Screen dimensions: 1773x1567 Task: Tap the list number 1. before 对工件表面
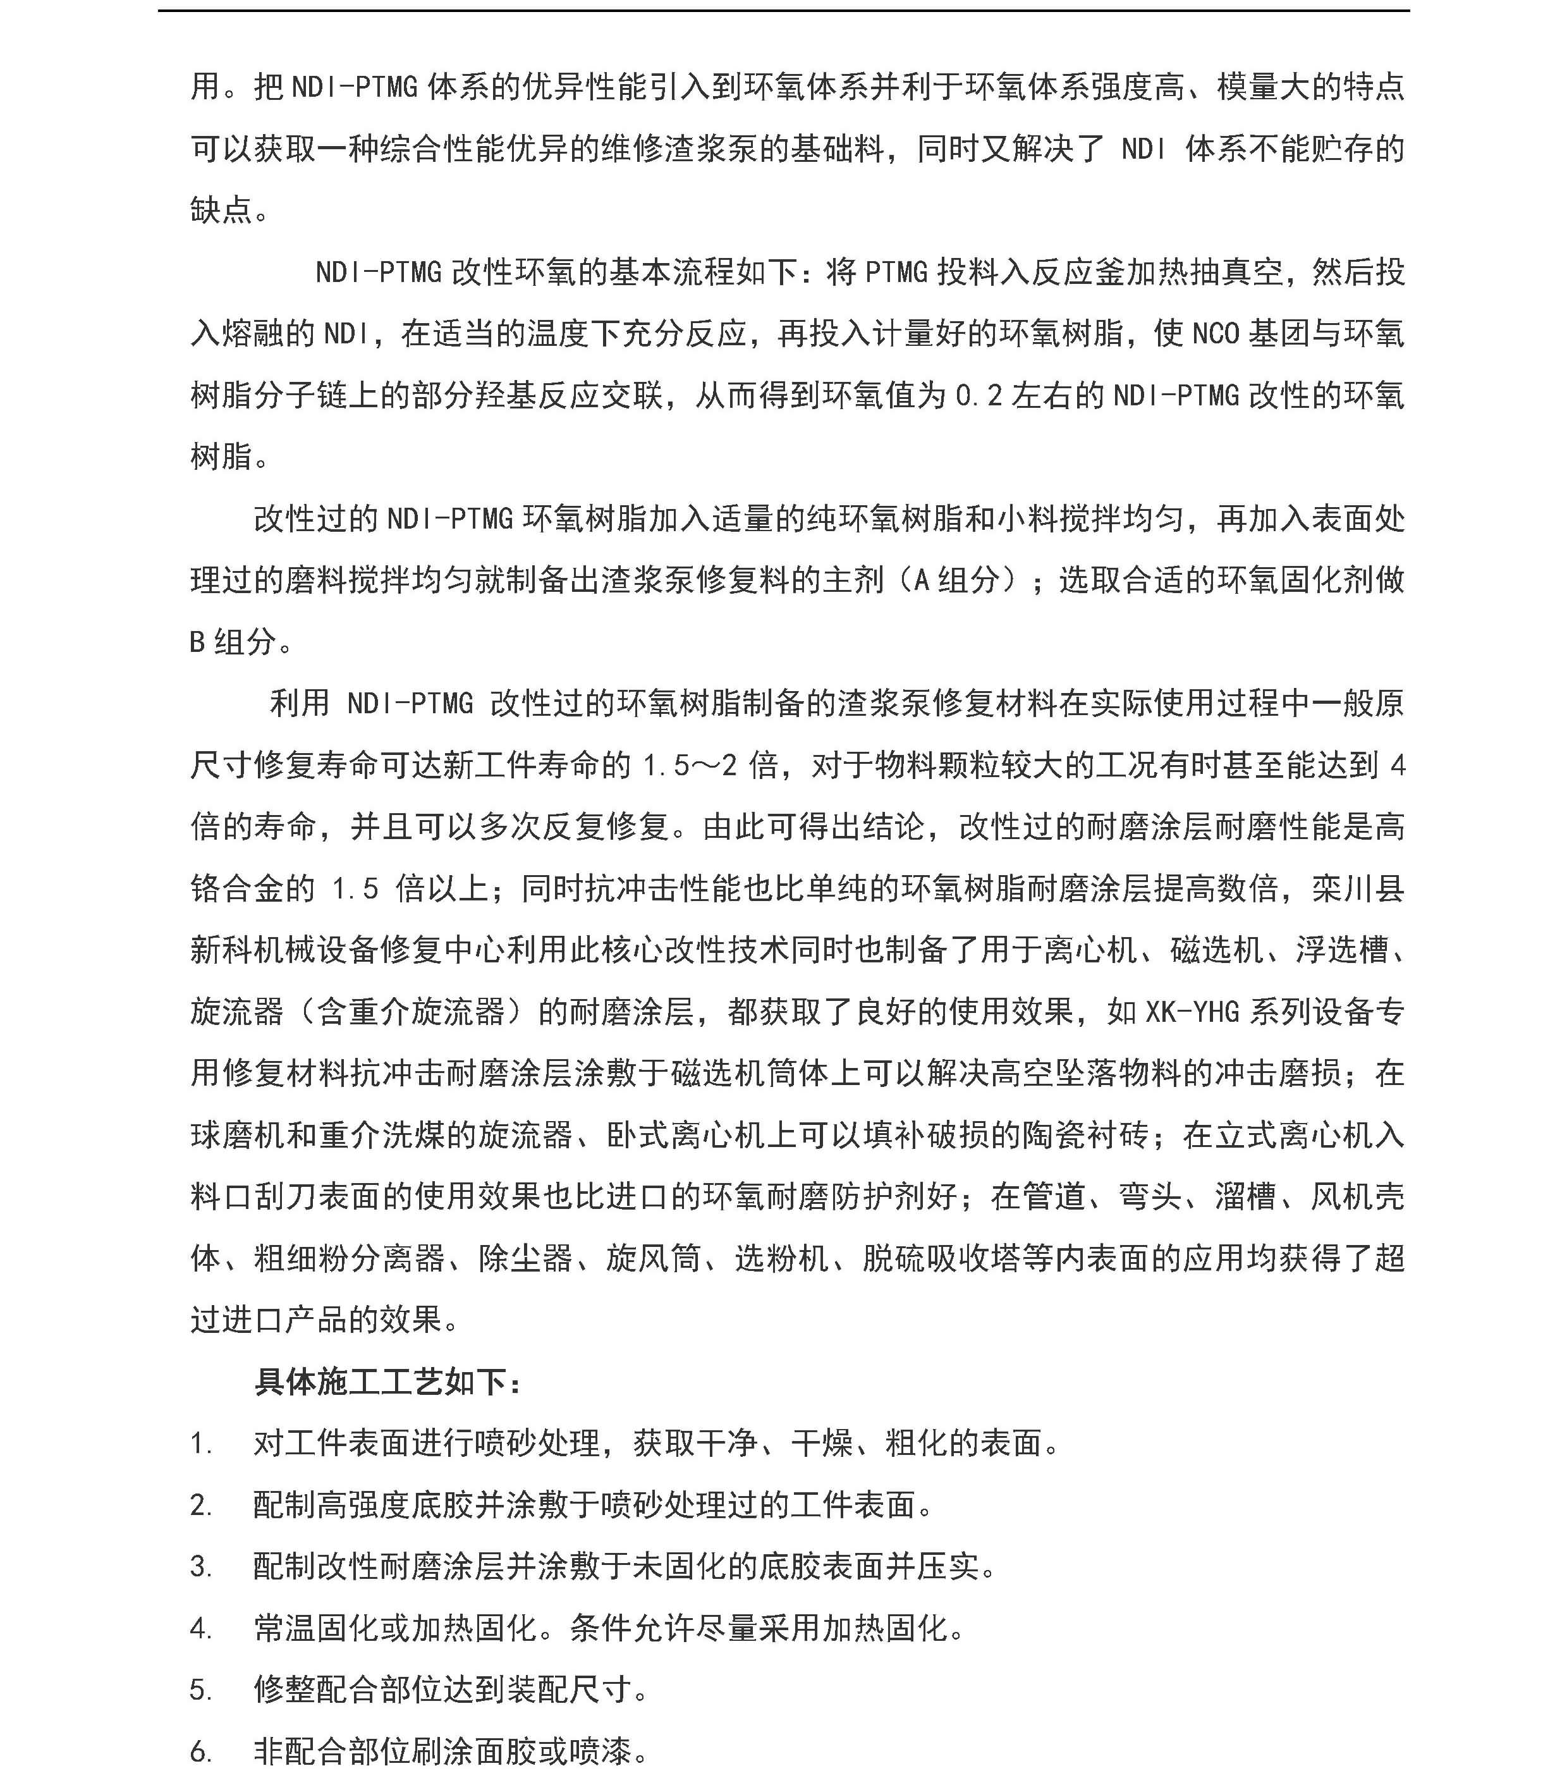[x=201, y=1444]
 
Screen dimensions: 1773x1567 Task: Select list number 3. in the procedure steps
[x=201, y=1567]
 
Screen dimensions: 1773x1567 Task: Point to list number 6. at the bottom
[x=201, y=1752]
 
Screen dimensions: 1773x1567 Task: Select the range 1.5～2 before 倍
[x=690, y=766]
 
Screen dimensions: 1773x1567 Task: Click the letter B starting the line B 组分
[x=198, y=642]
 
